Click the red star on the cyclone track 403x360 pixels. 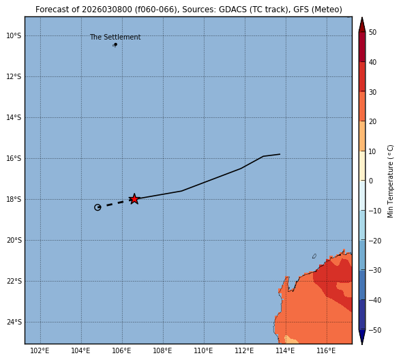[x=134, y=199]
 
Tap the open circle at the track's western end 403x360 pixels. [x=98, y=207]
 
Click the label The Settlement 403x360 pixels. [x=115, y=37]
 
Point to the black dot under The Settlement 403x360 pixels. [x=116, y=44]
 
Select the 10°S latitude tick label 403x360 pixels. [x=14, y=35]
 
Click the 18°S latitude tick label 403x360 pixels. [x=14, y=199]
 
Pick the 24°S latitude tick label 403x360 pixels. [x=14, y=322]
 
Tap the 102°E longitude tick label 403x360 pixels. [x=40, y=350]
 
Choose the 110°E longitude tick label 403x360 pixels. [x=203, y=350]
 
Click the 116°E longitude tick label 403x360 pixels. [x=326, y=350]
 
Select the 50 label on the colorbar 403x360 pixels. [x=373, y=32]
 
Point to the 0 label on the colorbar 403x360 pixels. [x=371, y=181]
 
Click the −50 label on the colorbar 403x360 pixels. [x=375, y=330]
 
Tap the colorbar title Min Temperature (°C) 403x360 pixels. [x=390, y=181]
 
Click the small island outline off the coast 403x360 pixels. [x=314, y=256]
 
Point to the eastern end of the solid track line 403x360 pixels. [x=280, y=154]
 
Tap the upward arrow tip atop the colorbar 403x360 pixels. [x=362, y=18]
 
